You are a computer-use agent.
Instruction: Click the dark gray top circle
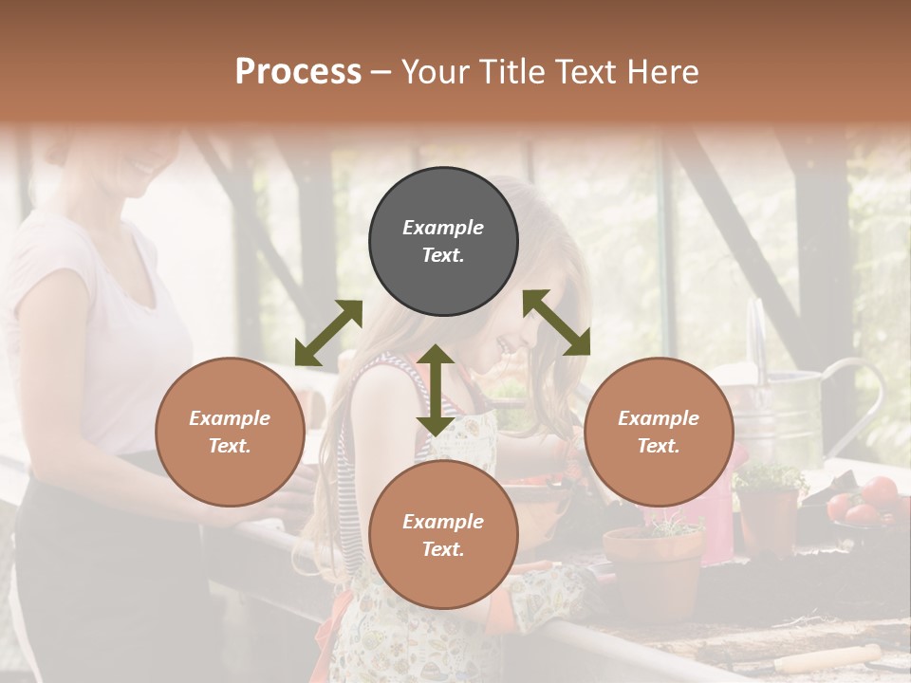[443, 242]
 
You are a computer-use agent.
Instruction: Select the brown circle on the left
[230, 432]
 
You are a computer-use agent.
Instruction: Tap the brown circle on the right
[659, 432]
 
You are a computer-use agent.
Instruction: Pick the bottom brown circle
[443, 535]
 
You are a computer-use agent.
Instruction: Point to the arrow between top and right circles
[557, 323]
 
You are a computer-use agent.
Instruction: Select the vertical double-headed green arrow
[435, 390]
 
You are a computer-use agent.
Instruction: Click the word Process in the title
[298, 71]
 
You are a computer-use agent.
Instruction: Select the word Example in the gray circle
[443, 228]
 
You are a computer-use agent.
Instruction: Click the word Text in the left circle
[229, 446]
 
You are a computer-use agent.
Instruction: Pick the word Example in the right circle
[659, 418]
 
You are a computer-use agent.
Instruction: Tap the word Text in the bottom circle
[442, 549]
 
